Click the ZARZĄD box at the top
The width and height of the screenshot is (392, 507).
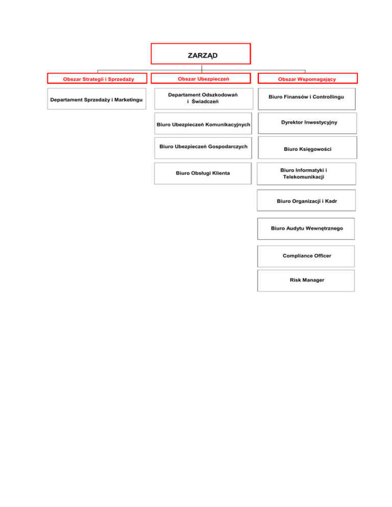(x=201, y=54)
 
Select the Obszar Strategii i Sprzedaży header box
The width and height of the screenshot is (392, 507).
(x=98, y=79)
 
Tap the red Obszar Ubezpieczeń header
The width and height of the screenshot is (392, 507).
(x=203, y=78)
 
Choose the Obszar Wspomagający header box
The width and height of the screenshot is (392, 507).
(x=308, y=79)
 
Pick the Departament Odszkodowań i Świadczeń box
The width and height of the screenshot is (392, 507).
(x=203, y=98)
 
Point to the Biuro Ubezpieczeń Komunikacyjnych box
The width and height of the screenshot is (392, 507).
(x=203, y=124)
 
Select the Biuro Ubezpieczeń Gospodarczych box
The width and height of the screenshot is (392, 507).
(x=203, y=147)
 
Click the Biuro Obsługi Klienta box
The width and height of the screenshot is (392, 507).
(x=203, y=173)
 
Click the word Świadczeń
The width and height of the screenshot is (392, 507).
(x=206, y=102)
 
